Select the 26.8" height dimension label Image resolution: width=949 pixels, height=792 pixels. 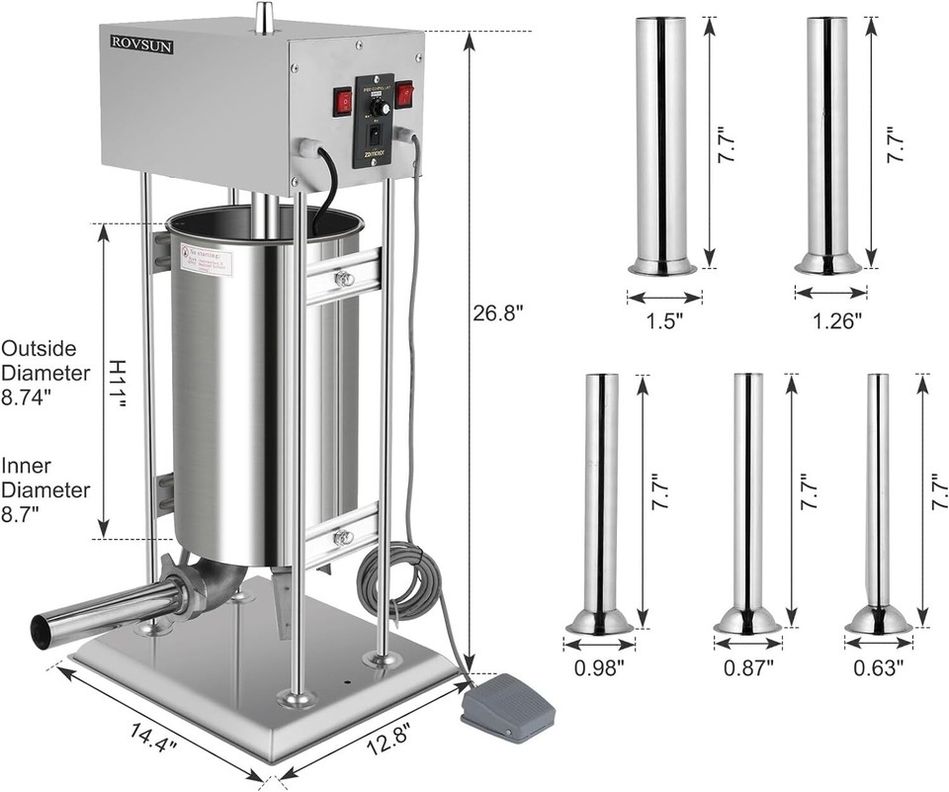(x=498, y=311)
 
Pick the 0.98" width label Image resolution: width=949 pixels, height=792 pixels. (x=599, y=667)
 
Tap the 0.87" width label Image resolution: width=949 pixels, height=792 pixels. (x=747, y=667)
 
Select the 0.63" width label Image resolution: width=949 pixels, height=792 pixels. (x=878, y=667)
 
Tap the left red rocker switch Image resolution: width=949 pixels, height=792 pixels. (x=342, y=100)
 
